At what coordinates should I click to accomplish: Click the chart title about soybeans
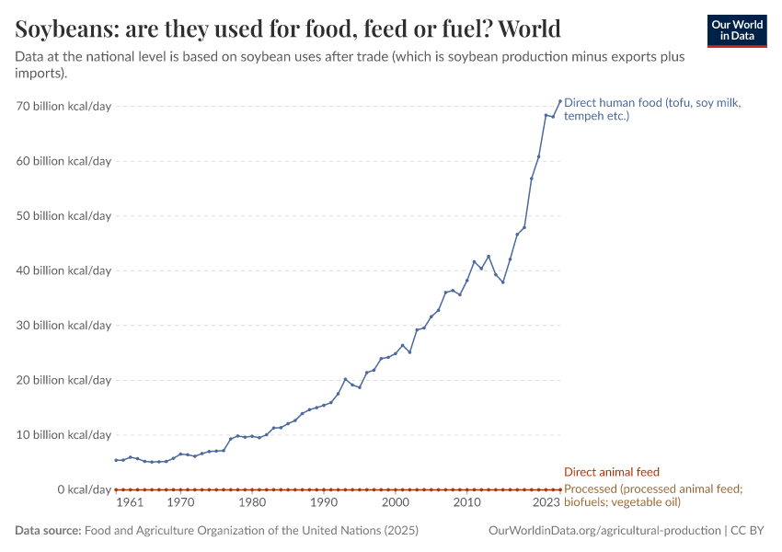tap(288, 29)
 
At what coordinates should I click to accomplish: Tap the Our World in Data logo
tap(736, 30)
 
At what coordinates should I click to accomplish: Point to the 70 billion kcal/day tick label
tap(63, 107)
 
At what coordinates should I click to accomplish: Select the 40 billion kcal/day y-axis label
tap(63, 270)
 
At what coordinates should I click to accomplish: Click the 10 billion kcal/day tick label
tap(63, 434)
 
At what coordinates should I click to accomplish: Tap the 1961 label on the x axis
tap(130, 503)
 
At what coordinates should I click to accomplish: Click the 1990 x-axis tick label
tap(324, 503)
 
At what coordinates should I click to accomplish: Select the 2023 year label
tap(546, 503)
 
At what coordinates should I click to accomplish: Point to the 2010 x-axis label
tap(467, 503)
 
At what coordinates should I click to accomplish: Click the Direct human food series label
tap(652, 109)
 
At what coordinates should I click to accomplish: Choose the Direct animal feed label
tap(611, 472)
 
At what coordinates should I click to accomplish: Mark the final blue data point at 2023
tap(559, 101)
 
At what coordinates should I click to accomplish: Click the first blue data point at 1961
tap(116, 460)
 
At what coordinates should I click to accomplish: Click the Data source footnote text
tap(217, 531)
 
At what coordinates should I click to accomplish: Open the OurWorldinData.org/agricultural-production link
tap(604, 531)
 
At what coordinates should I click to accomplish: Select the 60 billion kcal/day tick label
tap(63, 161)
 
